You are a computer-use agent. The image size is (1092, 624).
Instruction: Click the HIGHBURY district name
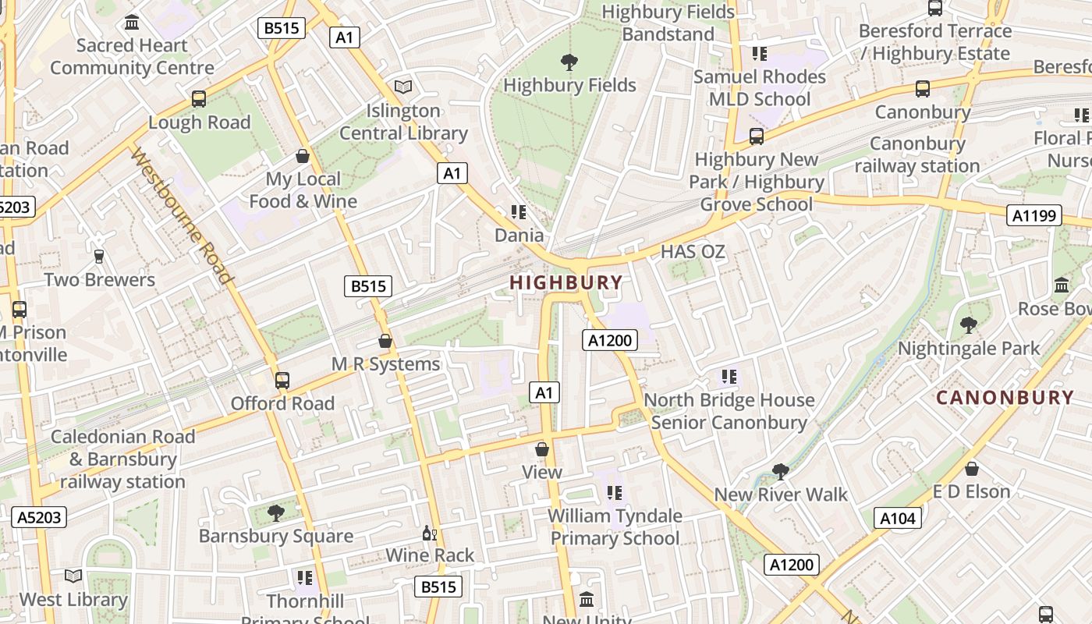click(566, 283)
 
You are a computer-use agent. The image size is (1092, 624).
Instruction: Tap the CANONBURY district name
click(1005, 398)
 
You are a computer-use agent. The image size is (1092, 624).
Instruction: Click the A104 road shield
click(897, 518)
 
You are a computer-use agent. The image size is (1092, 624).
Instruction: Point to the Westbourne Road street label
click(181, 217)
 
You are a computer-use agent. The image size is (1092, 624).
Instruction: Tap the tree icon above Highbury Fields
click(569, 62)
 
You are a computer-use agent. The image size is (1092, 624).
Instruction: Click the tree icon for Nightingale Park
click(969, 324)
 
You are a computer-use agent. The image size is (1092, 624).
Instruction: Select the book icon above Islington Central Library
click(403, 87)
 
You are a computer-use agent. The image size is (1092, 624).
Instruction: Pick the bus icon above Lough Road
click(199, 99)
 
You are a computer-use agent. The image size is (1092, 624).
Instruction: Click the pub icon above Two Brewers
click(99, 256)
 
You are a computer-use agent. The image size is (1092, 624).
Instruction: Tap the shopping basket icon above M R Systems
click(385, 341)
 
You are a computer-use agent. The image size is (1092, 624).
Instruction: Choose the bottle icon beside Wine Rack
click(428, 534)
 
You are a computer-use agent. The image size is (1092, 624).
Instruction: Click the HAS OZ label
click(693, 252)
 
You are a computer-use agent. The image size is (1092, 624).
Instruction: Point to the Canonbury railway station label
click(917, 154)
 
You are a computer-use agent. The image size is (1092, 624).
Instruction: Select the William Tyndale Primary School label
click(615, 527)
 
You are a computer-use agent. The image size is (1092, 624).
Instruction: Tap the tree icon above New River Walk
click(780, 471)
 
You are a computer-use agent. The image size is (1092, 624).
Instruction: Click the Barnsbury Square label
click(275, 537)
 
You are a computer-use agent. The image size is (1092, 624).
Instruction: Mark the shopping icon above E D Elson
click(972, 469)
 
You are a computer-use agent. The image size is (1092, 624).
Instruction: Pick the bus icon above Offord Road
click(282, 381)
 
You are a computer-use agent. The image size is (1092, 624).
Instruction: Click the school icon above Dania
click(519, 212)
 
